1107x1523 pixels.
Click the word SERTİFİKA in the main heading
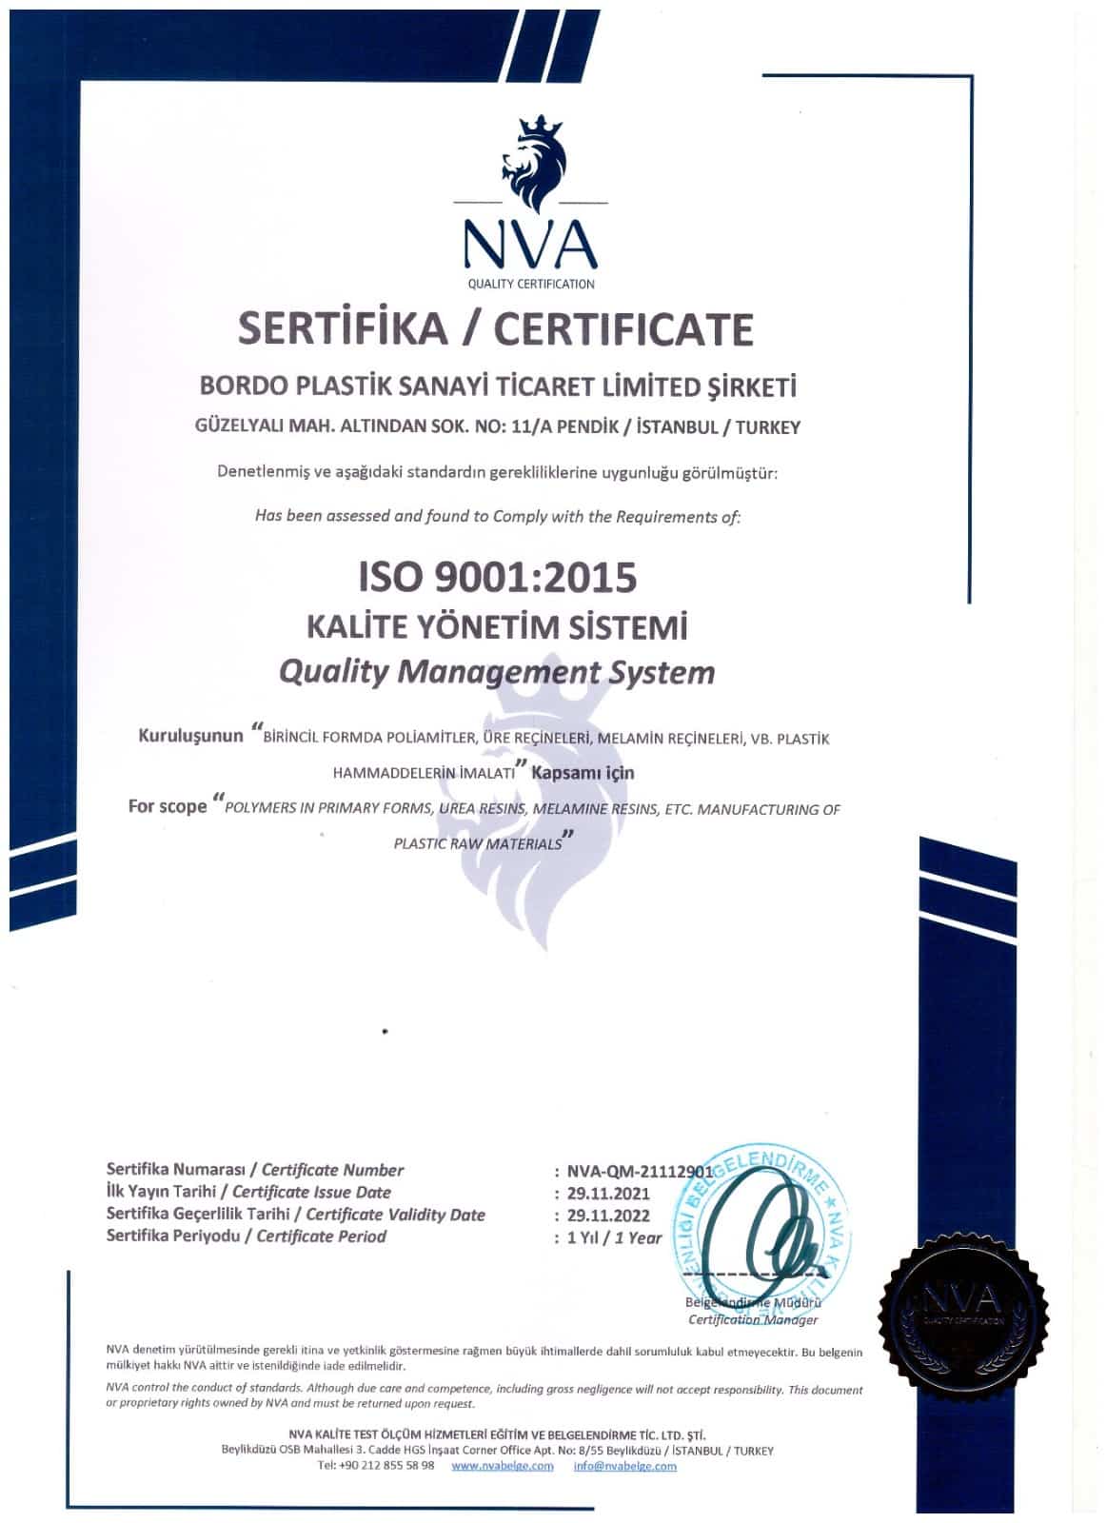pos(343,328)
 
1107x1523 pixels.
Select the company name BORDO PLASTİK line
pos(497,386)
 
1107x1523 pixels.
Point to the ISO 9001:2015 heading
pos(497,577)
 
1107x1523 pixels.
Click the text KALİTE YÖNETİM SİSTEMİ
pos(497,628)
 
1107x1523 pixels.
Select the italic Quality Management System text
pos(497,672)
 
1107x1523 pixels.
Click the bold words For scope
pos(168,806)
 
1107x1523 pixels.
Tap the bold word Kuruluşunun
pos(191,737)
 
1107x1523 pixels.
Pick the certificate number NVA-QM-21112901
pos(640,1171)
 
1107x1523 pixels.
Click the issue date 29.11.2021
pos(608,1193)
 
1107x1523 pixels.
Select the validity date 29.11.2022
pos(608,1216)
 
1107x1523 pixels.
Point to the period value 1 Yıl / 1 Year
pos(614,1237)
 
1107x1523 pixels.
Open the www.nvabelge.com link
pos(502,1466)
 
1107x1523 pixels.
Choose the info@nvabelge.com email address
pos(624,1466)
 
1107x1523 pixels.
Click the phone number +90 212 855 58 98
pos(376,1466)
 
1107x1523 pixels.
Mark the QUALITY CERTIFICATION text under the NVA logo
pos(531,284)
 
